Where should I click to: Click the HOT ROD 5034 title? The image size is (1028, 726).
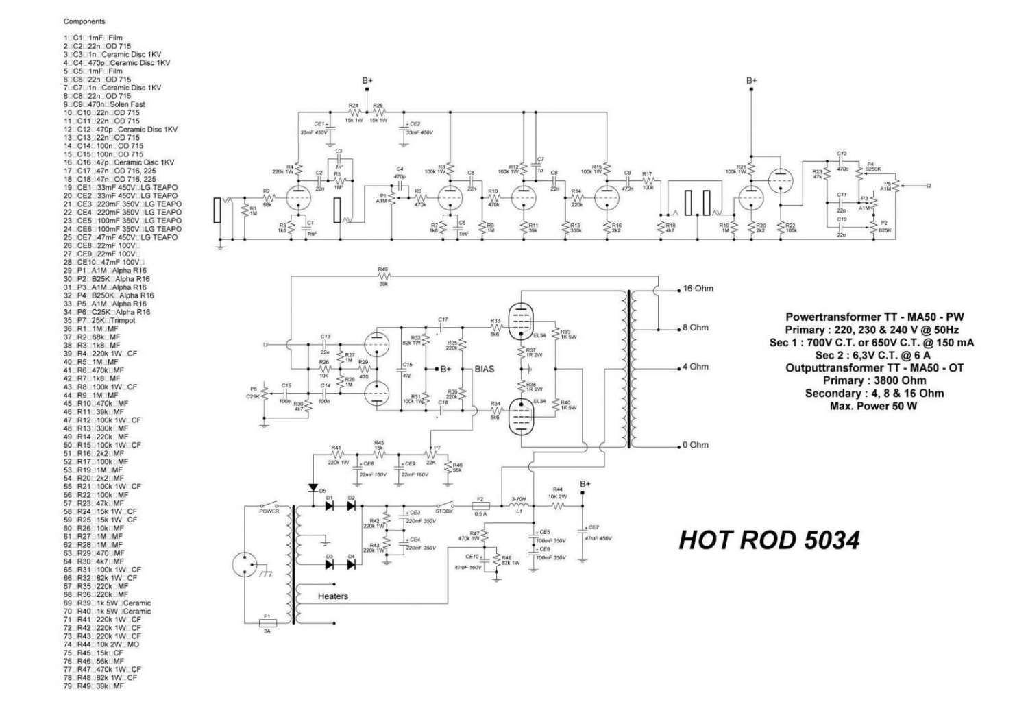tap(769, 540)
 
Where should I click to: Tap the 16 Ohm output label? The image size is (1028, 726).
tap(698, 289)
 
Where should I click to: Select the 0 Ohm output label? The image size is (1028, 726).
tap(695, 445)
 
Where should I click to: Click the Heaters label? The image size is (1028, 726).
tap(332, 596)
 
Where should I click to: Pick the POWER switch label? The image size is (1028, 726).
tap(269, 511)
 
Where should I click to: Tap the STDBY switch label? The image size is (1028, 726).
tap(444, 511)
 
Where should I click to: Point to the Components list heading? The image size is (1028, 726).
tap(84, 22)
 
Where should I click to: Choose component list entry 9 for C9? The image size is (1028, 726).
tap(104, 104)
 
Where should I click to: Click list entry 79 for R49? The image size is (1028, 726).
tap(94, 686)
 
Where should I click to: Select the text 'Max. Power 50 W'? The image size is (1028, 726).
tap(873, 406)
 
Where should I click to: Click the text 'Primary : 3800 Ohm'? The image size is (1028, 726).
tap(874, 380)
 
